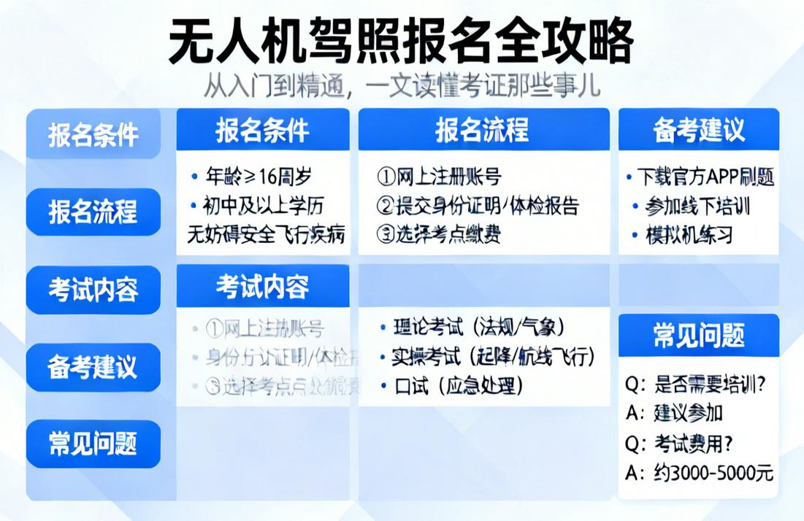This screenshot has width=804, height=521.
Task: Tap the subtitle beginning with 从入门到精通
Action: [x=402, y=85]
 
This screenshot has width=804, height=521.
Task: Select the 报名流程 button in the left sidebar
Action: [x=93, y=212]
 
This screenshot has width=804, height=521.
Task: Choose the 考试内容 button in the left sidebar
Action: [x=93, y=290]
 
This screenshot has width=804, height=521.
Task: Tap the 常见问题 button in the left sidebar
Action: [x=93, y=444]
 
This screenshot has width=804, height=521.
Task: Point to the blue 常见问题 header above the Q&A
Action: [x=698, y=336]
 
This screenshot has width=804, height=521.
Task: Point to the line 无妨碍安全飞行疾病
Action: [x=266, y=234]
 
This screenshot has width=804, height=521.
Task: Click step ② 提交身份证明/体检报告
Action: [x=478, y=205]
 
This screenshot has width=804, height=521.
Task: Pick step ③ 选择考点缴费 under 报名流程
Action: [x=439, y=234]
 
